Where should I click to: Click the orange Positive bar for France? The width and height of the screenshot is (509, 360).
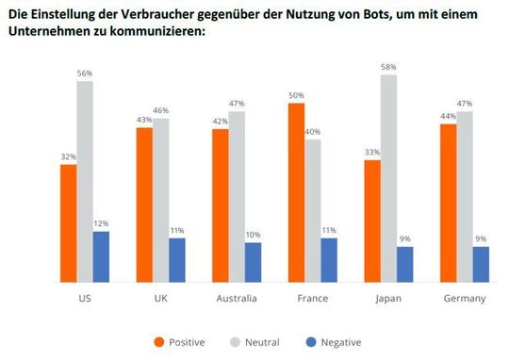click(x=297, y=193)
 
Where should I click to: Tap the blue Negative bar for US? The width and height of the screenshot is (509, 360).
click(x=101, y=257)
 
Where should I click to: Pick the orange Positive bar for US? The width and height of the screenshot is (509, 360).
click(x=68, y=223)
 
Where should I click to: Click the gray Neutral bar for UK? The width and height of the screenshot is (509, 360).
click(x=160, y=200)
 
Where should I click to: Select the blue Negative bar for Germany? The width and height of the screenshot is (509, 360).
click(x=481, y=265)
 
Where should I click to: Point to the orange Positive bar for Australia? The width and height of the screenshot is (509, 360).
click(x=220, y=205)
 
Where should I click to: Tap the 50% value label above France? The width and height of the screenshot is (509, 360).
click(x=296, y=95)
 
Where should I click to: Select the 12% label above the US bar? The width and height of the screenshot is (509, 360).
click(x=101, y=223)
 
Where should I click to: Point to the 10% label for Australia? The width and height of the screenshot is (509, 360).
click(x=253, y=235)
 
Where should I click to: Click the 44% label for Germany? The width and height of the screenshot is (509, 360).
click(x=448, y=116)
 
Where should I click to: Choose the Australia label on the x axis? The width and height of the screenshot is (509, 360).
click(x=237, y=299)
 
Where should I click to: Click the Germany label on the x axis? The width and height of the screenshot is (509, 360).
click(x=464, y=299)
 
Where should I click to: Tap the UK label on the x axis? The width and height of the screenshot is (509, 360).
click(x=160, y=299)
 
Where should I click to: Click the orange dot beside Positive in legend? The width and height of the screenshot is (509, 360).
click(x=158, y=342)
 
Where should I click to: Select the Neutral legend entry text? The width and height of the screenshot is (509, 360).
click(x=262, y=342)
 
